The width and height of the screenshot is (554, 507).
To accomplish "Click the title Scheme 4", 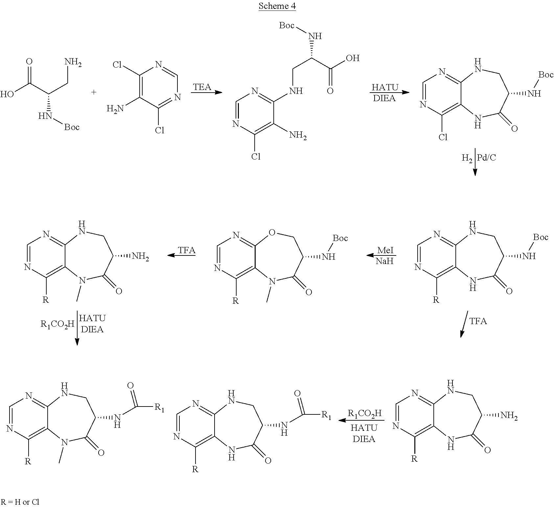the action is click(x=277, y=6).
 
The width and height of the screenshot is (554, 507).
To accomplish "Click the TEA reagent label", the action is click(x=202, y=87).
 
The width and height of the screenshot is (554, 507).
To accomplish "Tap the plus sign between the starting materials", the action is click(x=94, y=92).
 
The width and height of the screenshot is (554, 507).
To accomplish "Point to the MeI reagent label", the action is click(x=385, y=250).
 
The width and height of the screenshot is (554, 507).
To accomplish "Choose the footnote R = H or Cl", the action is click(x=20, y=502).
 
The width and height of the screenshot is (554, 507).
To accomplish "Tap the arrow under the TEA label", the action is click(x=206, y=93).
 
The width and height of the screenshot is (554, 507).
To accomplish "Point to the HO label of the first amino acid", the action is click(x=7, y=95).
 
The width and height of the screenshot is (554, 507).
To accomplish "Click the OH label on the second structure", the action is click(x=353, y=58).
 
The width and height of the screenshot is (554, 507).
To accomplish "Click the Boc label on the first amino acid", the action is click(x=72, y=127).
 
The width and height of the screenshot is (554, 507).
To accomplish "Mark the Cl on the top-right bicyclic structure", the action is click(x=443, y=137).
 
